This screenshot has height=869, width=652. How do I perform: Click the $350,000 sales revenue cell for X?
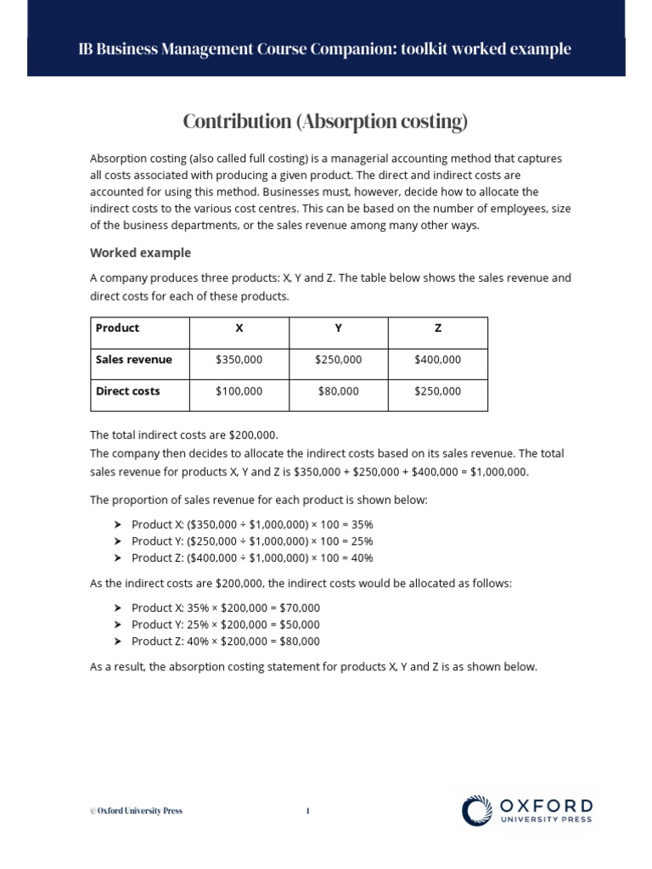(239, 360)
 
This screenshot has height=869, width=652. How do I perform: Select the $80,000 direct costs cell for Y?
(338, 391)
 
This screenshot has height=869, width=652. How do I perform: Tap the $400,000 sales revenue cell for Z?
(437, 360)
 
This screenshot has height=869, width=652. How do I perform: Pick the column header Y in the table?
(338, 328)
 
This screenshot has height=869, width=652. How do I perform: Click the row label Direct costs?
(127, 391)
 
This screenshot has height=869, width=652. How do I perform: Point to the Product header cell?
(117, 328)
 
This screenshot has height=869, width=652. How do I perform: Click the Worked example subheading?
(140, 253)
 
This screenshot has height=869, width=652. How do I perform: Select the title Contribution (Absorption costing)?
(325, 122)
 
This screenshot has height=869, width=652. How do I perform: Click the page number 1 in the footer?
(307, 811)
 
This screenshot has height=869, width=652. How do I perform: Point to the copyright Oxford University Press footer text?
(136, 811)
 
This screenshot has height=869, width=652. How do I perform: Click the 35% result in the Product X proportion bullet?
(362, 525)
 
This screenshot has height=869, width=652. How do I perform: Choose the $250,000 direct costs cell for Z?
(437, 391)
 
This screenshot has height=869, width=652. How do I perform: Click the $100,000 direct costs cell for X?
(239, 391)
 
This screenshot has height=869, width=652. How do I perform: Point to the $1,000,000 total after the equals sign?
(499, 472)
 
